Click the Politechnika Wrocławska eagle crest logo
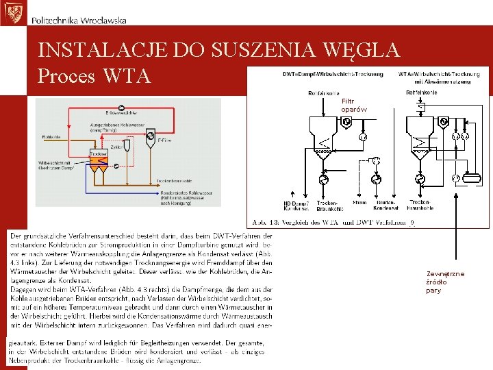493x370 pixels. pyautogui.click(x=12, y=12)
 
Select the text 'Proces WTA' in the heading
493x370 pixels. pyautogui.click(x=94, y=75)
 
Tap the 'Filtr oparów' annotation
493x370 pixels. pyautogui.click(x=354, y=106)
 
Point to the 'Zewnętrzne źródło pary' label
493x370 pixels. pyautogui.click(x=445, y=282)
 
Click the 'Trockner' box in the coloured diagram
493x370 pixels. pyautogui.click(x=99, y=154)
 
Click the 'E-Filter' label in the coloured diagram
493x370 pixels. pyautogui.click(x=165, y=140)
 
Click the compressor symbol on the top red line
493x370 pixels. pyautogui.click(x=121, y=107)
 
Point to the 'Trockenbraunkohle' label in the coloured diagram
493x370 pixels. pyautogui.click(x=173, y=180)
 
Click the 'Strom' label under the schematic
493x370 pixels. pyautogui.click(x=359, y=202)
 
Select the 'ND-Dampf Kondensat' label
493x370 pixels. pyautogui.click(x=296, y=205)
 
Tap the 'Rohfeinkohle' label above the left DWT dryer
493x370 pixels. pyautogui.click(x=324, y=92)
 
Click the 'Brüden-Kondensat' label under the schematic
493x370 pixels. pyautogui.click(x=386, y=205)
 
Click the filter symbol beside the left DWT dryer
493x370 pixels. pyautogui.click(x=346, y=122)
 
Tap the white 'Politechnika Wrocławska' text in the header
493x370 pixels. pyautogui.click(x=79, y=21)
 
